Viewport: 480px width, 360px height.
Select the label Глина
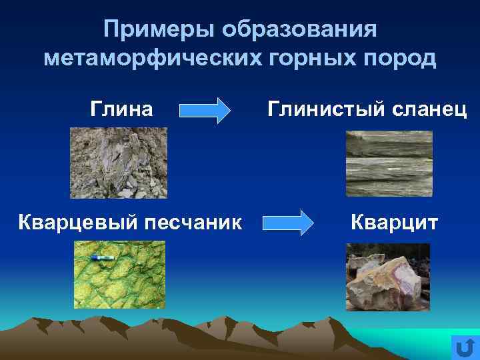121,108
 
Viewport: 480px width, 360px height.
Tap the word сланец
429,108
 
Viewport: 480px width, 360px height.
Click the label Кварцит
394,221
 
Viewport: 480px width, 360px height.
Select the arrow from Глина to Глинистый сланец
205,111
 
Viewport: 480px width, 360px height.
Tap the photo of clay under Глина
119,163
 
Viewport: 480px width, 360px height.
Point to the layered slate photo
389,163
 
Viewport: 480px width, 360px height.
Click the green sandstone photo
119,275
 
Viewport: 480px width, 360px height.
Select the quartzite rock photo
387,277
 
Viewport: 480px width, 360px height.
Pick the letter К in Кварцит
357,221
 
